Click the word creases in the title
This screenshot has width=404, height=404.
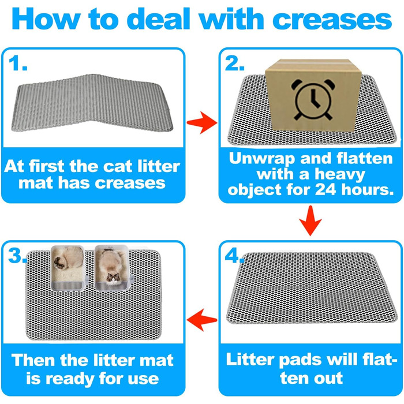(x=332, y=20)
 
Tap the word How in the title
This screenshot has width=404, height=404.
(x=46, y=19)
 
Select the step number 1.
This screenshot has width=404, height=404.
(x=17, y=63)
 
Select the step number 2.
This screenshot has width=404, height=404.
(x=234, y=63)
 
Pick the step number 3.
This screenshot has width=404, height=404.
(x=17, y=256)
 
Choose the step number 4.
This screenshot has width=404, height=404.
(x=234, y=256)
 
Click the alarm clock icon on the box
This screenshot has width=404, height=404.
(x=313, y=99)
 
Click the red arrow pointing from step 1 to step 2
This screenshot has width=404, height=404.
(x=202, y=122)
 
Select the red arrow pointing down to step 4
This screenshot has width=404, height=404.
(x=311, y=221)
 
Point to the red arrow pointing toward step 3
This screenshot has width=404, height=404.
(x=202, y=320)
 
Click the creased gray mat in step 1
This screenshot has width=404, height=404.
(x=92, y=103)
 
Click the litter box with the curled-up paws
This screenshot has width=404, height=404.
(x=68, y=268)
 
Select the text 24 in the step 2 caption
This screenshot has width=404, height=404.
(x=326, y=190)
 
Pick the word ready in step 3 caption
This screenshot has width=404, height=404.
(x=70, y=379)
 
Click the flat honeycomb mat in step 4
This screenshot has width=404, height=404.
(x=312, y=288)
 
